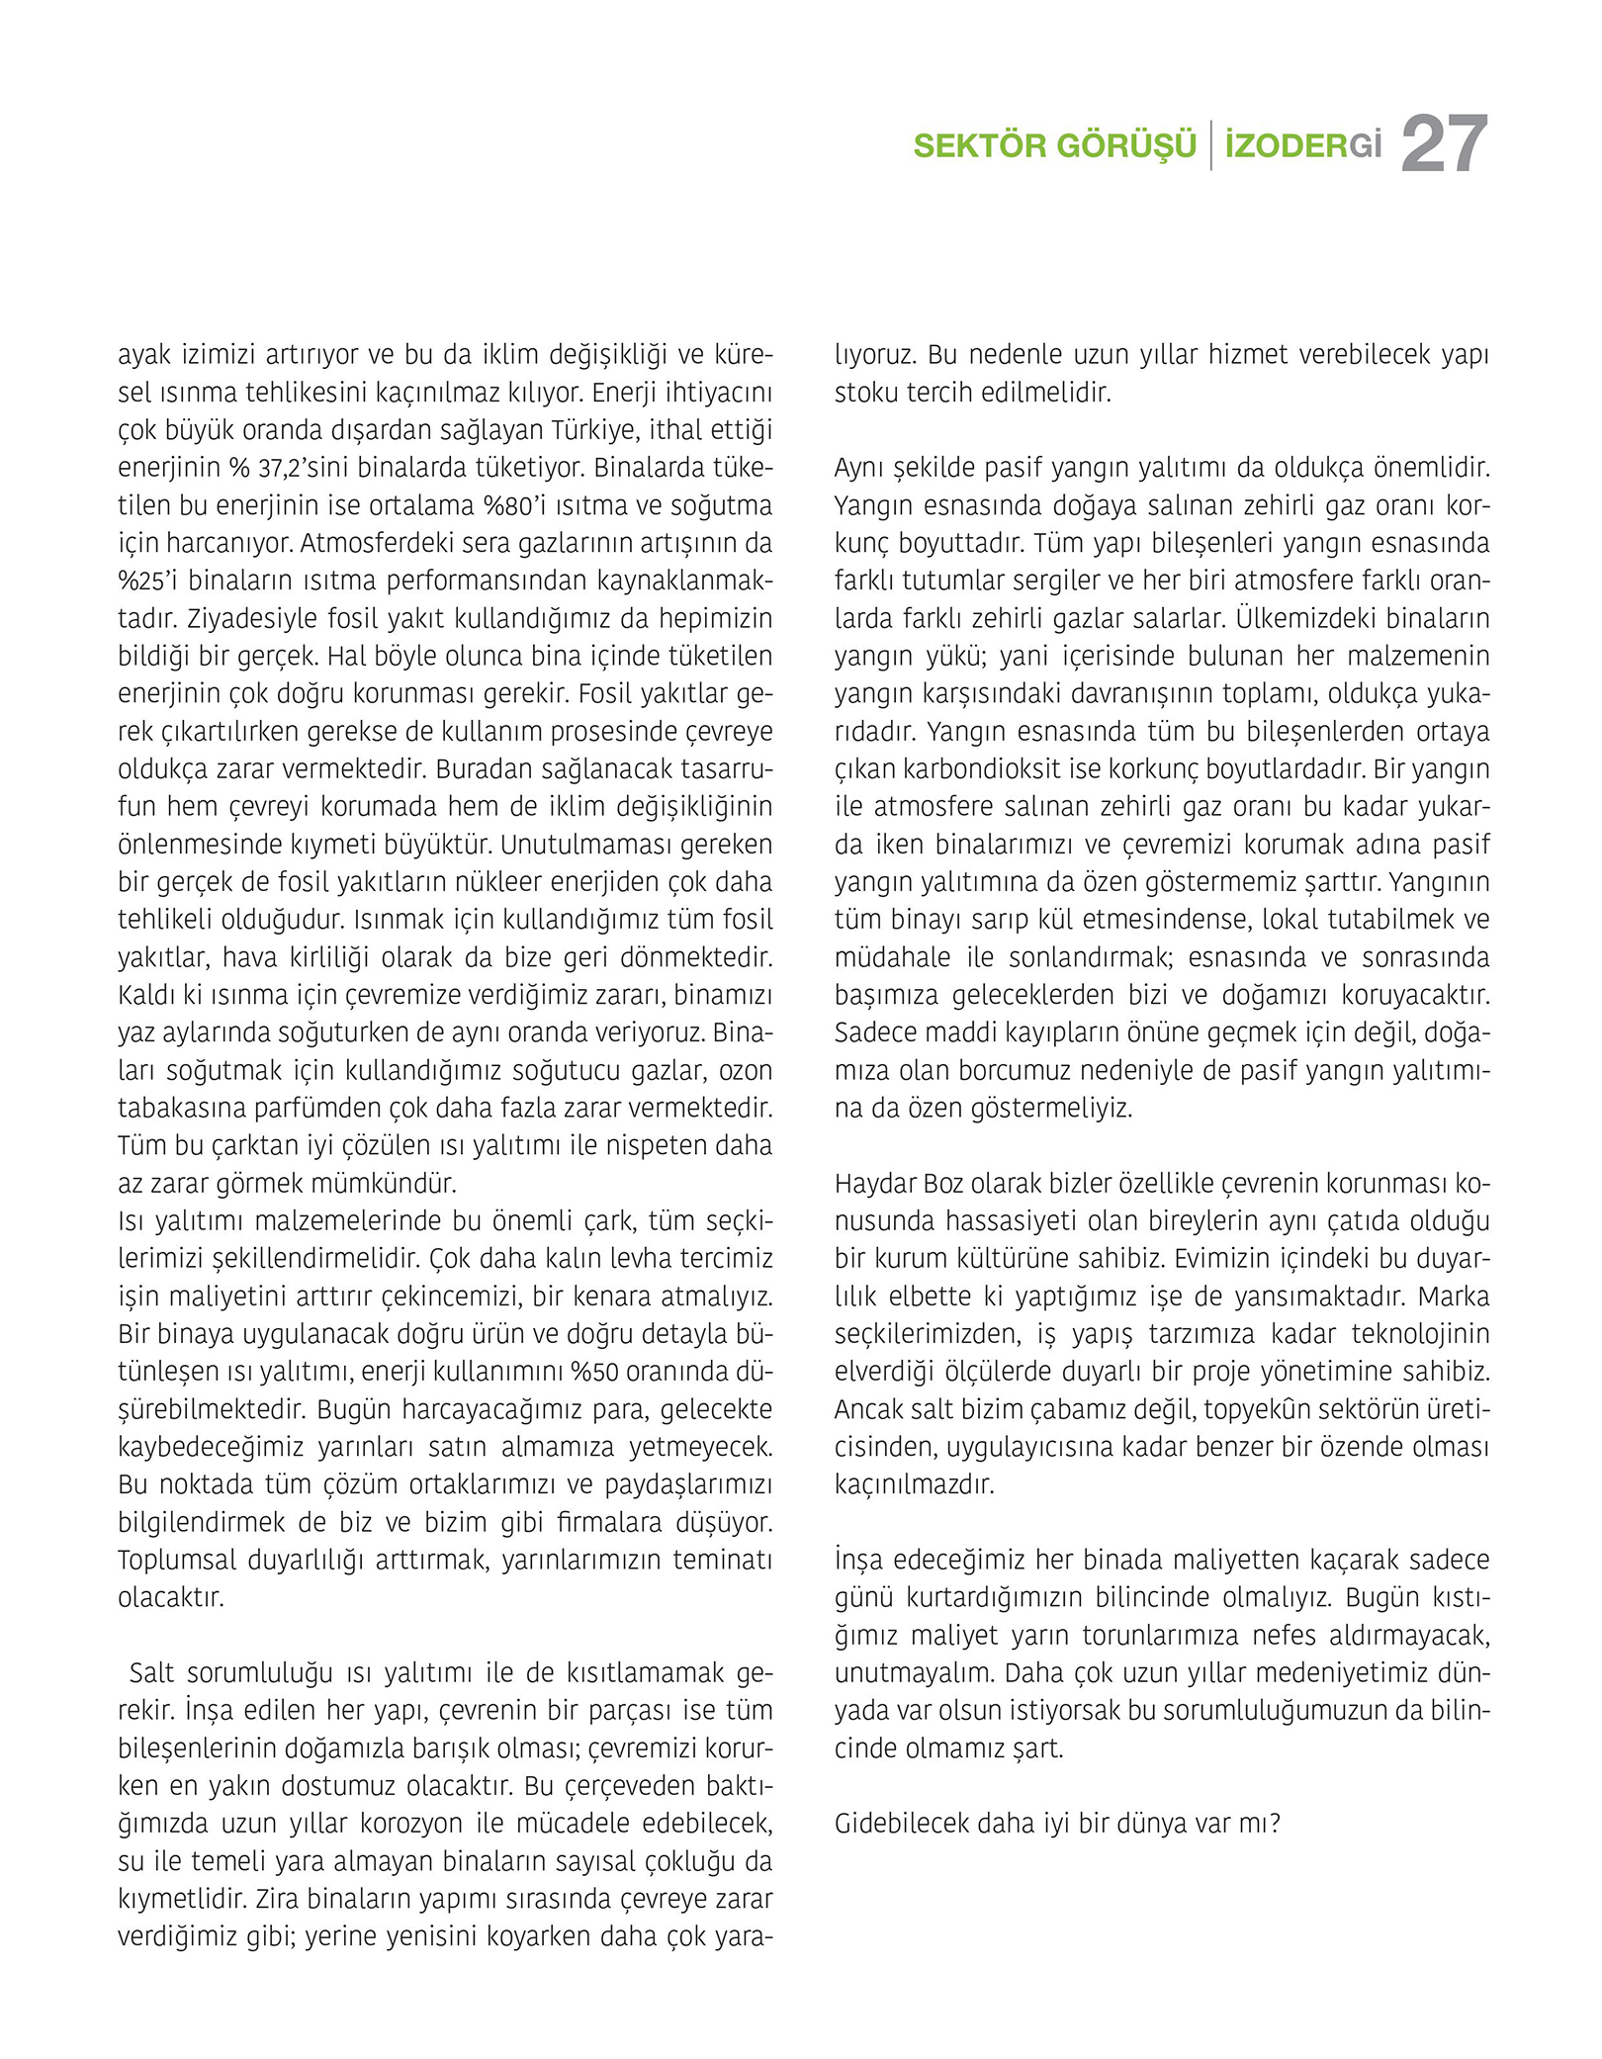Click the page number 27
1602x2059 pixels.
1444,145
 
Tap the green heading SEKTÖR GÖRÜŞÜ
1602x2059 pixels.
1054,146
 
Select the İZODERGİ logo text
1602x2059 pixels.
1302,146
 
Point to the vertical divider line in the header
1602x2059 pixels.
1211,145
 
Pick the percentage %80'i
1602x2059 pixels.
519,505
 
